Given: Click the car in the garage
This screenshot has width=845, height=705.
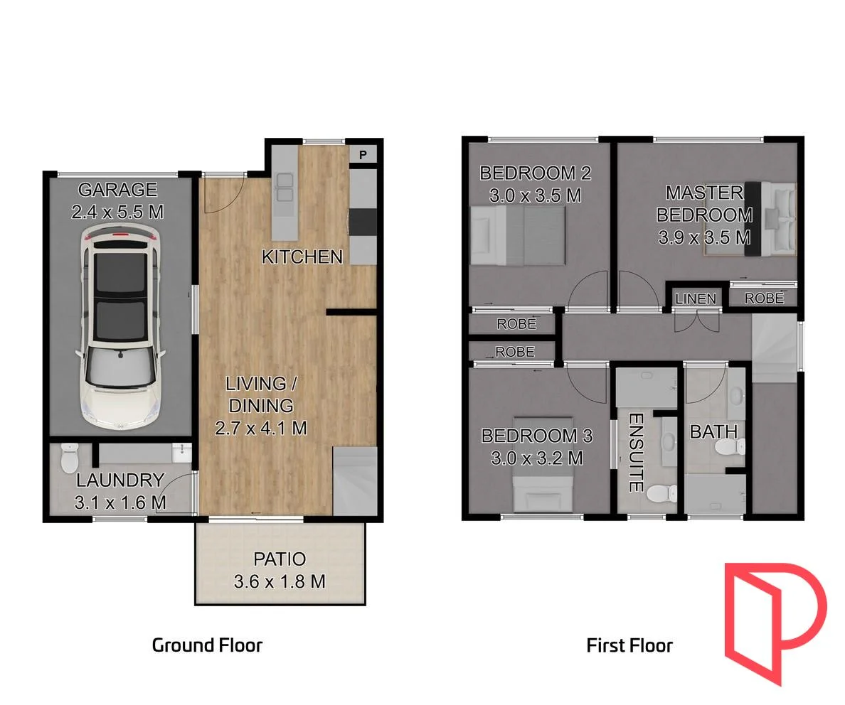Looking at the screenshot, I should point(119,327).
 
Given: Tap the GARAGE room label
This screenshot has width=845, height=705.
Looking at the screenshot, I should point(117,190).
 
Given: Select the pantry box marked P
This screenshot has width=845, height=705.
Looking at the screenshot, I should point(362,154).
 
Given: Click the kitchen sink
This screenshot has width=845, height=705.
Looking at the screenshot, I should point(285,187).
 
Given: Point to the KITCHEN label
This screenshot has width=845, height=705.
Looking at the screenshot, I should point(302,257).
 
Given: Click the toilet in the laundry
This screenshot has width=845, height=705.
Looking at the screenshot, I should point(70,458).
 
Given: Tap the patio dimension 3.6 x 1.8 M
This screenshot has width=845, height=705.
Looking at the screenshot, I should point(280,581).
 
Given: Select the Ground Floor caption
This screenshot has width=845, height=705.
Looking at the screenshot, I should point(207,645).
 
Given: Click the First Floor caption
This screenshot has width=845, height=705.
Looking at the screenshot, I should point(629,645).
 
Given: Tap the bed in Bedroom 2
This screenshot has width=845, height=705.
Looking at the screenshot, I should point(518,235).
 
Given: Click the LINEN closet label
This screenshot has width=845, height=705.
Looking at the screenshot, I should point(695,298).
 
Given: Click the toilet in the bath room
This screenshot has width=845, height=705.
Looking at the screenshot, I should point(730,447).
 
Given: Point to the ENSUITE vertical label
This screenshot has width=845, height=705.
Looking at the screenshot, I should point(636,453).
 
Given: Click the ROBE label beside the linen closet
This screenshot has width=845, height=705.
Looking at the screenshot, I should point(764,298).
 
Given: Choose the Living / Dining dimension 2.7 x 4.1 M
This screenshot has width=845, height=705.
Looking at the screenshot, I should point(261,428).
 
